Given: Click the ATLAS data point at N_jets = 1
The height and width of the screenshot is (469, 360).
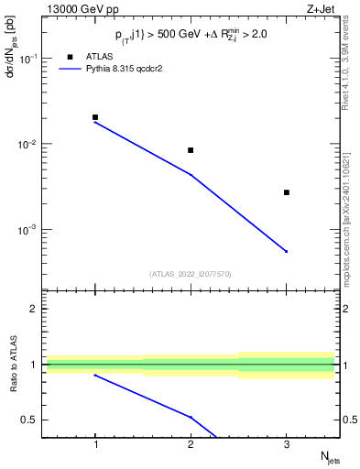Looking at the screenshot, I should [95, 117].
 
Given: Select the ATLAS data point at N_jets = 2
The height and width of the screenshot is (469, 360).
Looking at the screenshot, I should [191, 150].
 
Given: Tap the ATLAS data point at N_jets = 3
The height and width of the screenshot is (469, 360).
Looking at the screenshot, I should [287, 192].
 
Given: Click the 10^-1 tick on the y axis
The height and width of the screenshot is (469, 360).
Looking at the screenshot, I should [31, 59].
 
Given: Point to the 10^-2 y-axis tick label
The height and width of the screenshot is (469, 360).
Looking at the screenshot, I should [31, 145].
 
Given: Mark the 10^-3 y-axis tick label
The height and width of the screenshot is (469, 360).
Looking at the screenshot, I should [31, 230].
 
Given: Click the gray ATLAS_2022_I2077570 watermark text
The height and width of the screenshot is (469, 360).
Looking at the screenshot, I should [191, 273].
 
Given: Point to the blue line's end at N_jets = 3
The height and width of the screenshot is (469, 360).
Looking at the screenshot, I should [287, 251].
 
